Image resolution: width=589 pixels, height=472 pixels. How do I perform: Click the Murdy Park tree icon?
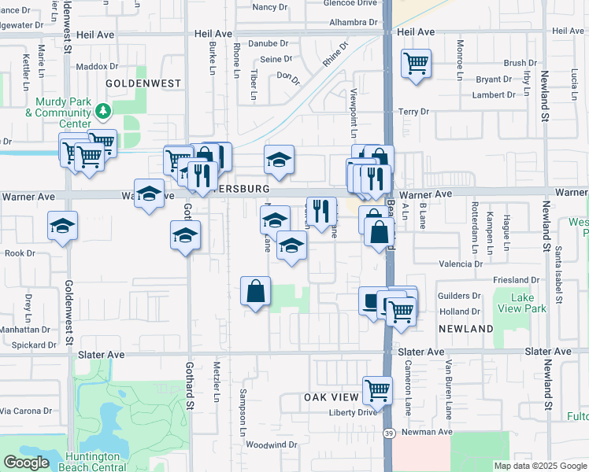pos(102,112)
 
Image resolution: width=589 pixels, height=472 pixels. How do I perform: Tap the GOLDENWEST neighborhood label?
pos(143,83)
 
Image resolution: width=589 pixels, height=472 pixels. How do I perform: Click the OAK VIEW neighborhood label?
pos(332,398)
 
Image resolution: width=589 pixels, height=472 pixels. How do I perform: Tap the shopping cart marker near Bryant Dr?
pos(416,64)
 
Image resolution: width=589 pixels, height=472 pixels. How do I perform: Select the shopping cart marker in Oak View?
pos(378,389)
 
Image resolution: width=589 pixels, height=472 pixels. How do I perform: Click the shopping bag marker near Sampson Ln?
pos(256,291)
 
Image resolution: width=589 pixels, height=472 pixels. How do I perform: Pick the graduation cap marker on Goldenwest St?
pos(63,227)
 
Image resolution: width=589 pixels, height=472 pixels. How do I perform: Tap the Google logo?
pos(26,463)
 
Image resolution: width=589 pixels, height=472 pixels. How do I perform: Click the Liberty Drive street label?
pos(347,412)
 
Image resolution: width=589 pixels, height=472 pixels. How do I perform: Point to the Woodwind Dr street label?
pos(271,444)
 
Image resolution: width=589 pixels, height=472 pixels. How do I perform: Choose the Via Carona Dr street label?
pos(26,411)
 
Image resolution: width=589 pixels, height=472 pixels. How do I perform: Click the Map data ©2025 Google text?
pos(539,466)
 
